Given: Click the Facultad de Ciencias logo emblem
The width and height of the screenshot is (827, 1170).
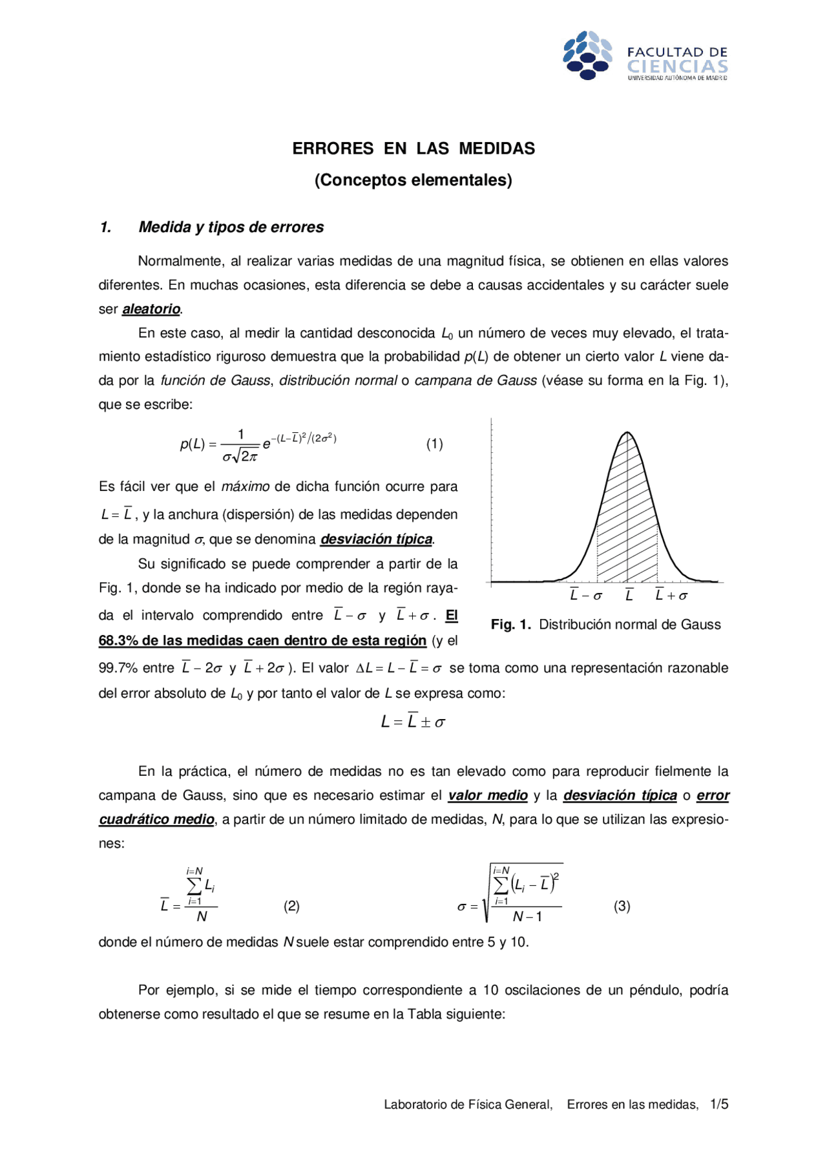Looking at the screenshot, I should pos(587,56).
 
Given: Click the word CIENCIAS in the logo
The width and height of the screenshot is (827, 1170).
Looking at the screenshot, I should pos(677,67).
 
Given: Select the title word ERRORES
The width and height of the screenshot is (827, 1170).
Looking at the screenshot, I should pos(333,149).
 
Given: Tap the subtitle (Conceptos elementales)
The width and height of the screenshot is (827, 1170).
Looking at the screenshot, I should pos(413,180).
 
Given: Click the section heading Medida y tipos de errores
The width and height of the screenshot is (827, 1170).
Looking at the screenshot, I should pos(231,227).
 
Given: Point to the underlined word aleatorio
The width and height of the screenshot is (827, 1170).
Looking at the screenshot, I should pos(151,309).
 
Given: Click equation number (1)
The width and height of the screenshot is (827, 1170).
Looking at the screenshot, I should pos(434,444).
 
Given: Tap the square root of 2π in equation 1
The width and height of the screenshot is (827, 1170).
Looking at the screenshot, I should pos(246,457).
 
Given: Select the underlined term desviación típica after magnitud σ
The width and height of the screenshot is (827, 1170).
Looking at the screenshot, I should pos(377,539).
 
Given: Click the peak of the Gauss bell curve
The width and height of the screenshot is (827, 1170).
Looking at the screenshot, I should pos(627,432).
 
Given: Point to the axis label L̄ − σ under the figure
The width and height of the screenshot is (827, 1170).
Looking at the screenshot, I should pos(586,596).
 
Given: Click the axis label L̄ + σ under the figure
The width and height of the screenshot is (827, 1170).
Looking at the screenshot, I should pos(671,596).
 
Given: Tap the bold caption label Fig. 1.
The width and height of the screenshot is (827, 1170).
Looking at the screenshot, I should pos(510,625).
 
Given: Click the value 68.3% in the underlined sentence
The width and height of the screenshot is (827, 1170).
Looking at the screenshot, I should pos(118,641).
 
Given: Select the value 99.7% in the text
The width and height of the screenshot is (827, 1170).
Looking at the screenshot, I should pos(118,668).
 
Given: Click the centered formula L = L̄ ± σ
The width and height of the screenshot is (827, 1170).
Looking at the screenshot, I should pos(413,722).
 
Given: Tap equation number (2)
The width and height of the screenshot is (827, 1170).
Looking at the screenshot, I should pos(291,906).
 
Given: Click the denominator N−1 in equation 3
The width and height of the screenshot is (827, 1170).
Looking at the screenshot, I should pos(527,917).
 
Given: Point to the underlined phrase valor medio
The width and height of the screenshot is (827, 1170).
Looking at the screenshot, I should pos(488,795).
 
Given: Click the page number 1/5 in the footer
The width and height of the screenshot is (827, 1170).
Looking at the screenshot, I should pos(718,1104).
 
